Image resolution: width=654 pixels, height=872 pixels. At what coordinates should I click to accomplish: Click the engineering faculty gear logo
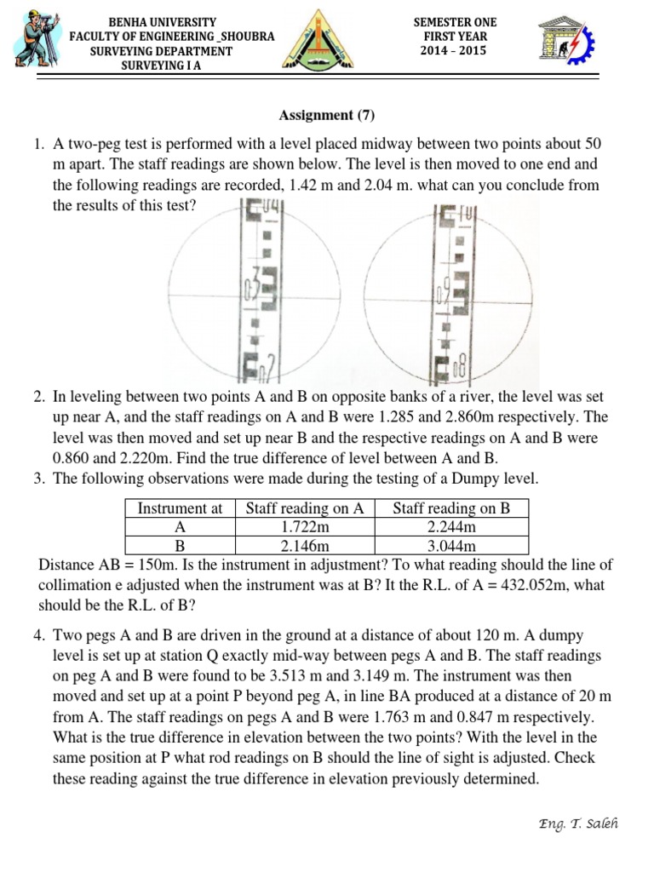click(564, 41)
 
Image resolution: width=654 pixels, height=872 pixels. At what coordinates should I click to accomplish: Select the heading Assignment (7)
click(327, 115)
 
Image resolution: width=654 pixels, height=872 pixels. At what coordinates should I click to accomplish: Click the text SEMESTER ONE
click(455, 22)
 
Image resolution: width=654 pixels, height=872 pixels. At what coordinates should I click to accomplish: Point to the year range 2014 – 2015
click(455, 50)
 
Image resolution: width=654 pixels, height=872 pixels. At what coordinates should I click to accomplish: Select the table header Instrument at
click(180, 508)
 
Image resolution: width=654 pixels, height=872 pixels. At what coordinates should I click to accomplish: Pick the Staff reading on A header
click(305, 508)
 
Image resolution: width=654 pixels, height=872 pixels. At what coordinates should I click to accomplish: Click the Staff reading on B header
click(451, 508)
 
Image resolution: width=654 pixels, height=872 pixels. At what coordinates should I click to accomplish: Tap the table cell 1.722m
click(305, 527)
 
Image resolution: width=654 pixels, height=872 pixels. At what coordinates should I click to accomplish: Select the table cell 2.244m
click(451, 527)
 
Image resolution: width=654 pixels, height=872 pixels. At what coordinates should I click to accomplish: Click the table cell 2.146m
click(305, 546)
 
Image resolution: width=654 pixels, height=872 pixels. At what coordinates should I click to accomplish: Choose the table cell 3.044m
click(451, 546)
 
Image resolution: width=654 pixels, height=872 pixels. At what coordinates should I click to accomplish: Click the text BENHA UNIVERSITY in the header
click(160, 22)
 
